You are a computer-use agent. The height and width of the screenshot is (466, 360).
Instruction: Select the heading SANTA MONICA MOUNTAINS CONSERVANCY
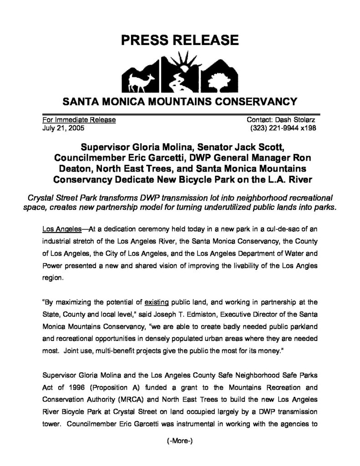pos(180,101)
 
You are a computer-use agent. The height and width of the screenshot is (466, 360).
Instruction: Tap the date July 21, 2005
pos(60,128)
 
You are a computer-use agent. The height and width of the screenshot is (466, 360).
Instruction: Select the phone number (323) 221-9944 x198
pos(283,128)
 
